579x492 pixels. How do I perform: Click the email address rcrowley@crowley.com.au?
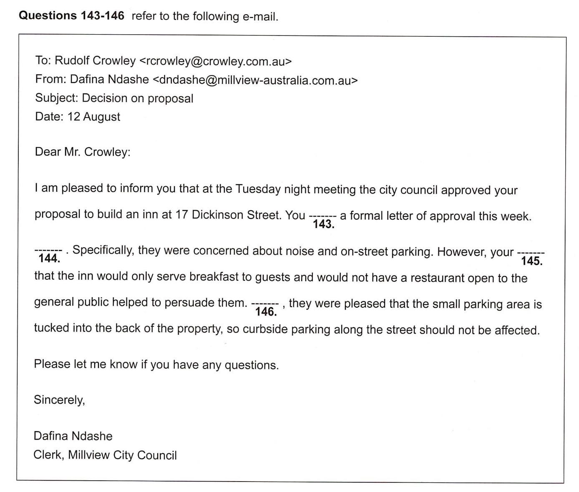click(215, 61)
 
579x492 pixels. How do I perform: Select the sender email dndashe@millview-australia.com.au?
click(255, 80)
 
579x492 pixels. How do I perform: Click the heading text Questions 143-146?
click(72, 16)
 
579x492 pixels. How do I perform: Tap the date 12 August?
click(94, 117)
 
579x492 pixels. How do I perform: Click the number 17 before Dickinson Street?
click(182, 215)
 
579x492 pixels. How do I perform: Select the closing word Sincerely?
click(59, 400)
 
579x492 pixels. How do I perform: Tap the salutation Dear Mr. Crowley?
click(83, 152)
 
